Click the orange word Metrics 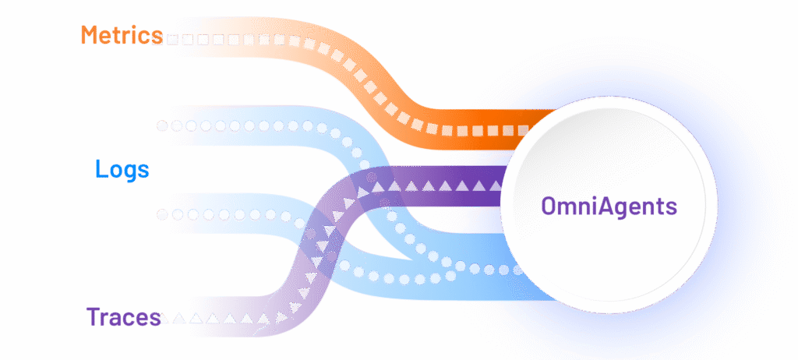[x=122, y=35]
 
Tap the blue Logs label [x=122, y=169]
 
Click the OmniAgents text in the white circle [x=609, y=207]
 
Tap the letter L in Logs [x=100, y=169]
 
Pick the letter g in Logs [x=129, y=171]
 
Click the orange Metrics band [x=312, y=47]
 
